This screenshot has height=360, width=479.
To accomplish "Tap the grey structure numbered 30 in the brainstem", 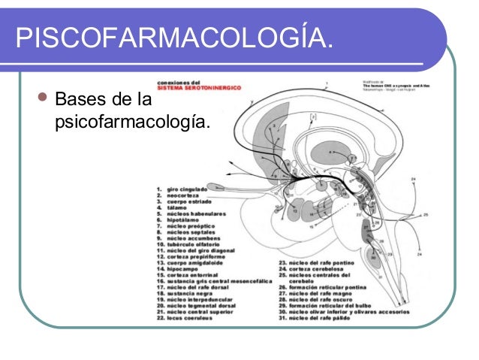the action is [x=373, y=258].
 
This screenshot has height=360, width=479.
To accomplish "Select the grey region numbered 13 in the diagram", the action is [x=295, y=210].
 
